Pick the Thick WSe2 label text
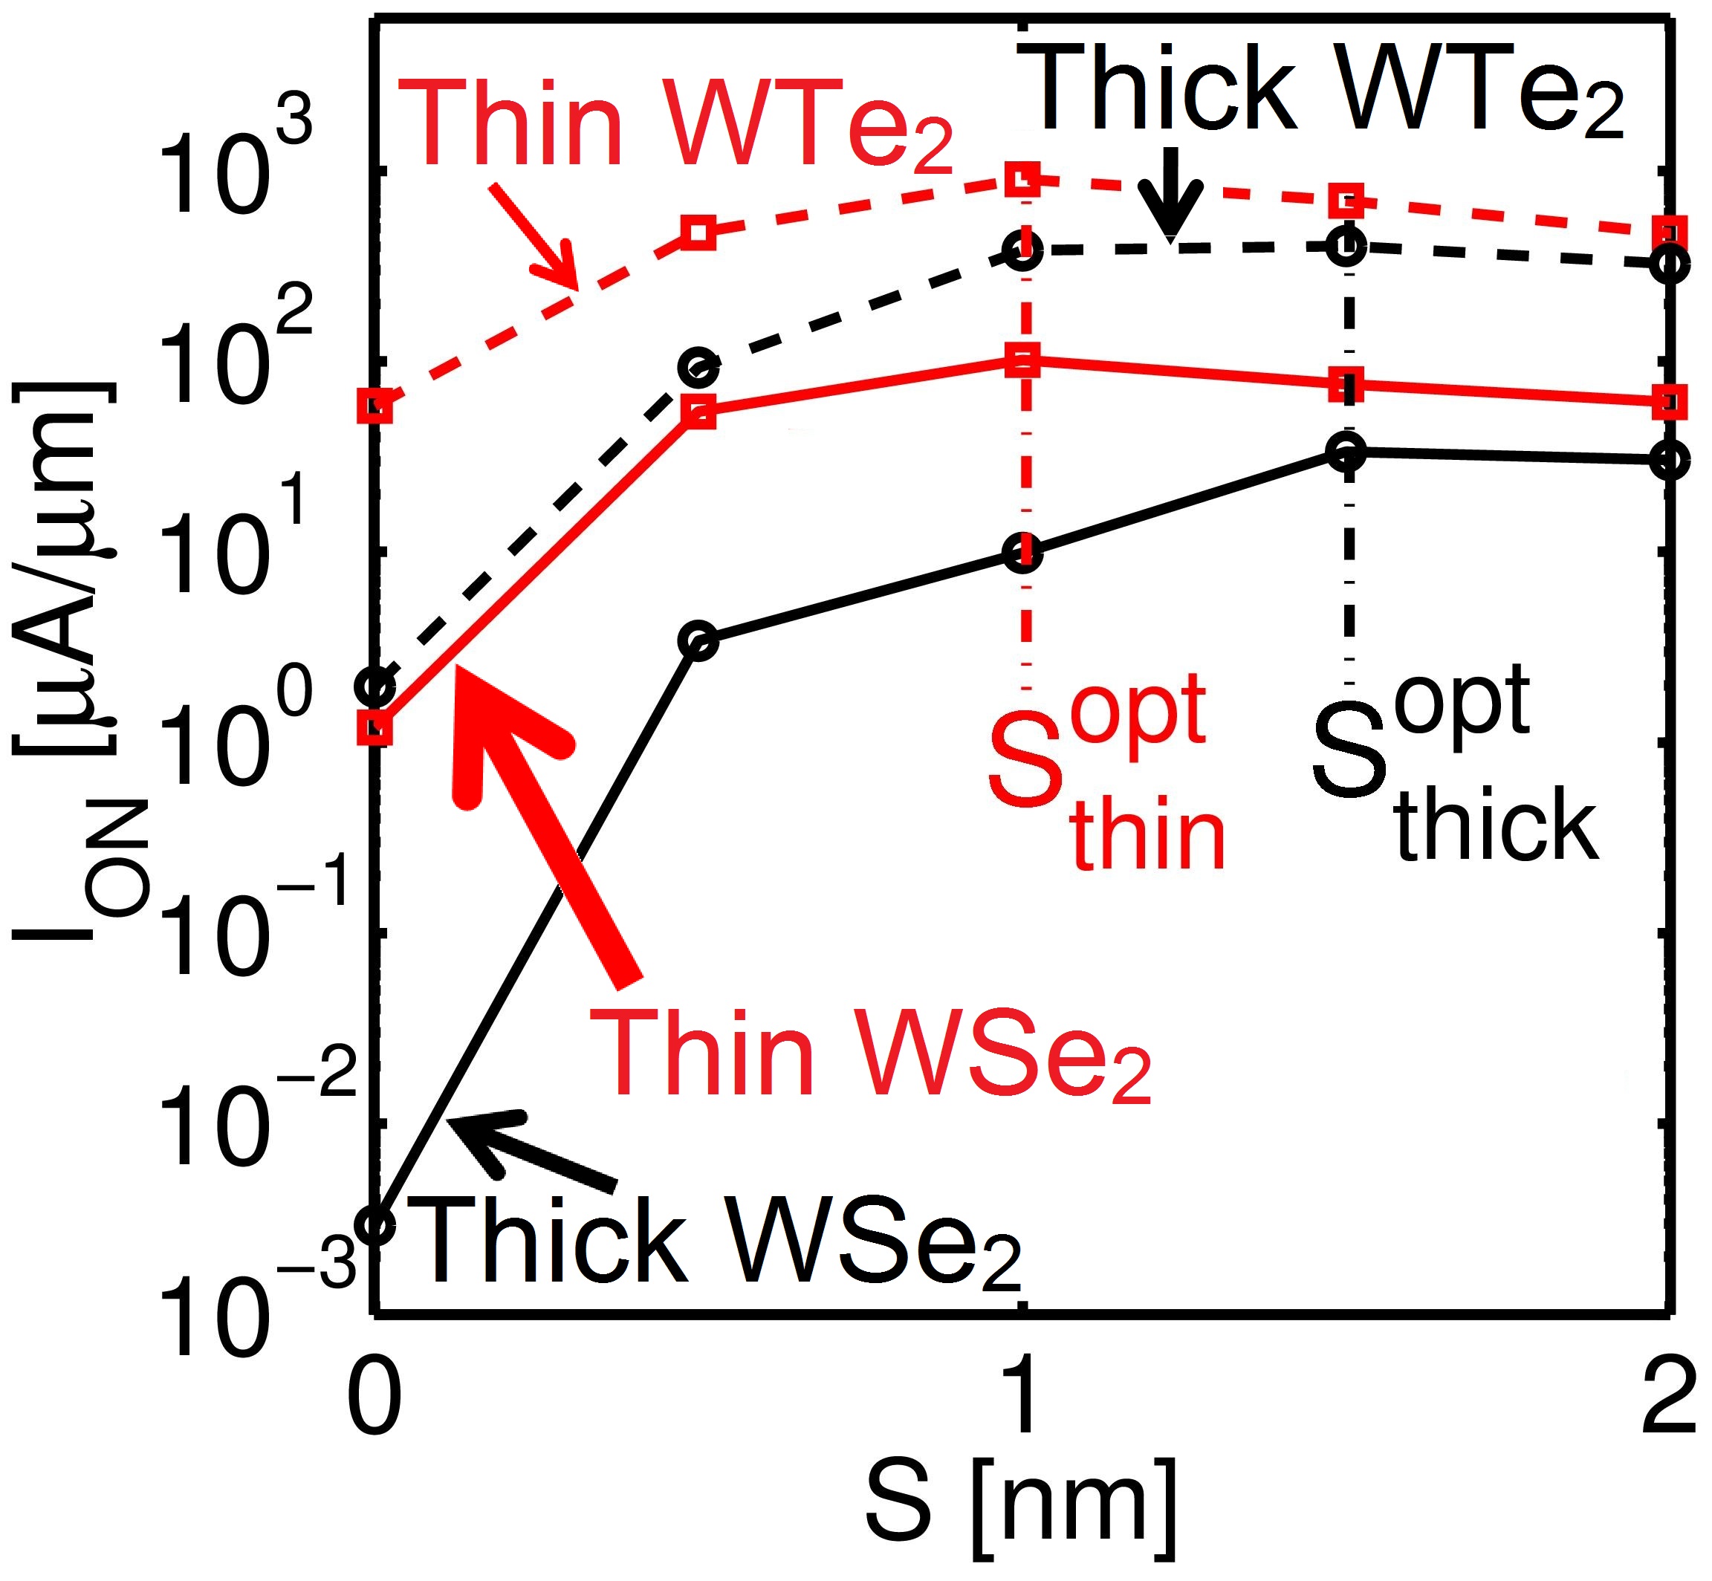pyautogui.click(x=719, y=1242)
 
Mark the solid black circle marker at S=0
pyautogui.click(x=374, y=1226)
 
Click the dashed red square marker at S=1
pyautogui.click(x=1024, y=179)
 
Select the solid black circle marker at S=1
pyautogui.click(x=1024, y=553)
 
